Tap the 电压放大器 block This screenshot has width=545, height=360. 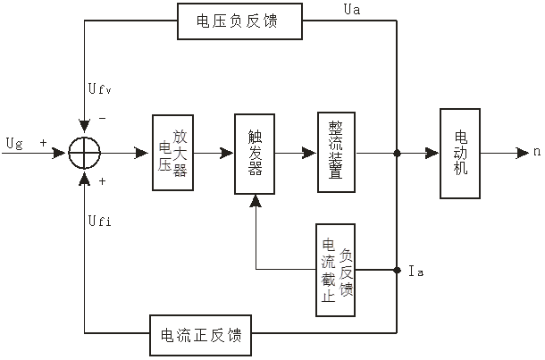173,152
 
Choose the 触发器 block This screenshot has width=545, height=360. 256,152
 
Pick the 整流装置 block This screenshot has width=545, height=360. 337,152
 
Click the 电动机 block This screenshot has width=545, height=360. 461,152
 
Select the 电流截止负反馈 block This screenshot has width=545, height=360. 335,268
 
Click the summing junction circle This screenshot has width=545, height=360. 84,152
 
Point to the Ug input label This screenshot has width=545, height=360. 14,142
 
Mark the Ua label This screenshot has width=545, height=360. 353,9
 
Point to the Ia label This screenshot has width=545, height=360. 415,270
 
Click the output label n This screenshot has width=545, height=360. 537,152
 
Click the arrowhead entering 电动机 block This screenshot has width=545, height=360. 433,152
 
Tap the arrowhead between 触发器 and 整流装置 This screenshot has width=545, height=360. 310,152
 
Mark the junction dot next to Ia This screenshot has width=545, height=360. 397,268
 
